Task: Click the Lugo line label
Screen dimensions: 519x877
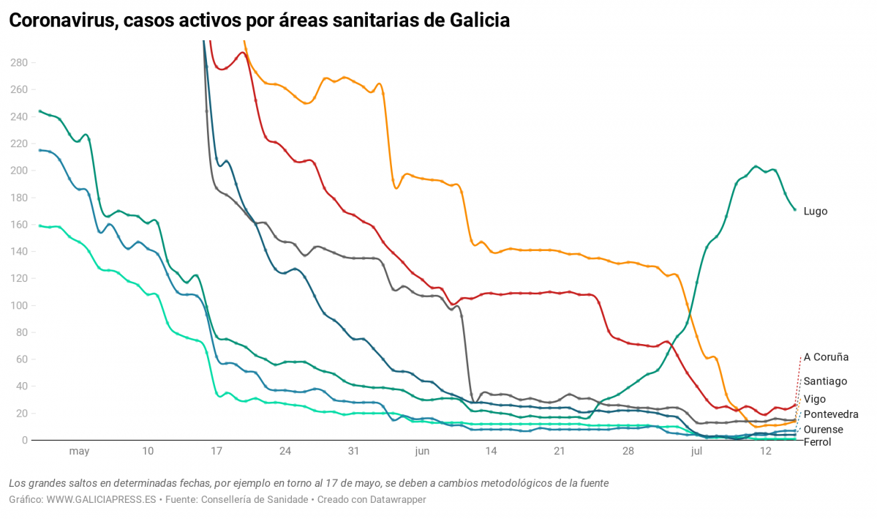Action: pyautogui.click(x=815, y=211)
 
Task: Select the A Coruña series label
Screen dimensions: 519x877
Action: pyautogui.click(x=826, y=357)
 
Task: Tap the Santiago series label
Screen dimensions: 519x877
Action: pyautogui.click(x=825, y=381)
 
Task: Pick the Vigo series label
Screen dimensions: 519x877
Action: pyautogui.click(x=815, y=399)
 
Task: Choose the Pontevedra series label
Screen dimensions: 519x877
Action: pyautogui.click(x=831, y=414)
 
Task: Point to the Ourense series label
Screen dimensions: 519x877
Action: pyautogui.click(x=823, y=430)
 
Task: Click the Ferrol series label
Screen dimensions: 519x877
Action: pyautogui.click(x=817, y=442)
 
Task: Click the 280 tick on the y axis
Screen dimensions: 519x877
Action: pyautogui.click(x=18, y=63)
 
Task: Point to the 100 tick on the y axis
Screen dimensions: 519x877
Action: pyautogui.click(x=18, y=305)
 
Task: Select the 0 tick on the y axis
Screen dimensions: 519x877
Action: pyautogui.click(x=24, y=440)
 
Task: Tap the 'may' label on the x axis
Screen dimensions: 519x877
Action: pyautogui.click(x=79, y=452)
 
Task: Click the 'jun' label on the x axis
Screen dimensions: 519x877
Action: pyautogui.click(x=422, y=452)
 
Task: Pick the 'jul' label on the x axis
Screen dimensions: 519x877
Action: pyautogui.click(x=696, y=452)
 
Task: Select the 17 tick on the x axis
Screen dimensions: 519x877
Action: pyautogui.click(x=217, y=452)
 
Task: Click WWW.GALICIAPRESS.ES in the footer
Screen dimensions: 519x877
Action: pyautogui.click(x=102, y=499)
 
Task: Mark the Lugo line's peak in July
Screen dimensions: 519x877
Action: pyautogui.click(x=756, y=166)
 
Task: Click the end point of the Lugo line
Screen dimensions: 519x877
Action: pyautogui.click(x=795, y=210)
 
